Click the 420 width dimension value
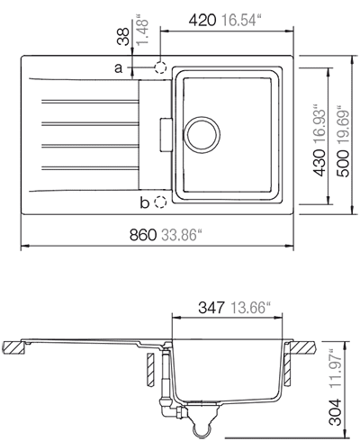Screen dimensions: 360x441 coord(202,20)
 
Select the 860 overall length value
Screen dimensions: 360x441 coord(143,235)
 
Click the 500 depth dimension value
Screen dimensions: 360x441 coord(343,164)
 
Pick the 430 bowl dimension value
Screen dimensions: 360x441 coord(319,163)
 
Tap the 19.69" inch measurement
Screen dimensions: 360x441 coord(343,125)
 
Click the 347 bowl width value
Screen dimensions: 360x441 coord(211,308)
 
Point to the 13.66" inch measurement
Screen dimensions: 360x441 coord(250,308)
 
